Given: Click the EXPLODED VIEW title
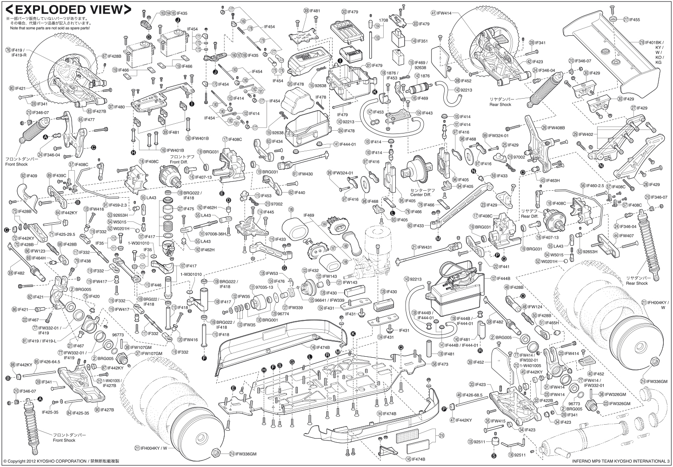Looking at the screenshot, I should pos(68,9).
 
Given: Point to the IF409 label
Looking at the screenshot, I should pos(32,176).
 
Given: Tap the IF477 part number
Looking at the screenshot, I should pos(89,120).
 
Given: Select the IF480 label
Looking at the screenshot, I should pos(119,107).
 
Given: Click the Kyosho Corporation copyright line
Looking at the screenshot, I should pos(60,461).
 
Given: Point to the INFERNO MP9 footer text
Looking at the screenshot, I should pos(614,461).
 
